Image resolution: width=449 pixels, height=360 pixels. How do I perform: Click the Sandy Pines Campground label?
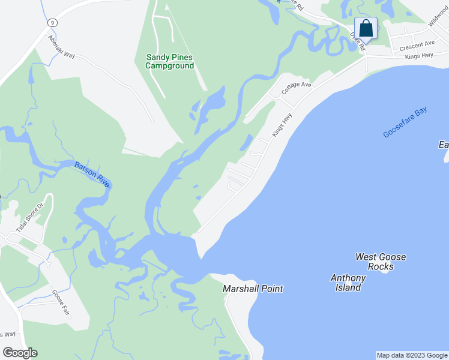pyautogui.click(x=170, y=61)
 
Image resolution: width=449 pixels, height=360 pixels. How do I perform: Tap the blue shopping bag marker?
pyautogui.click(x=366, y=29)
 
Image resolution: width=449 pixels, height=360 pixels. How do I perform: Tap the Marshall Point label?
pyautogui.click(x=253, y=289)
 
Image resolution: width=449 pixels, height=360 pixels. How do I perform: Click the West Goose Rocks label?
pyautogui.click(x=381, y=262)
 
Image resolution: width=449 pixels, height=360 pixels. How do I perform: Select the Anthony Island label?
pyautogui.click(x=348, y=283)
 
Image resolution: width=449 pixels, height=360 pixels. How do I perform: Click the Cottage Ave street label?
pyautogui.click(x=297, y=88)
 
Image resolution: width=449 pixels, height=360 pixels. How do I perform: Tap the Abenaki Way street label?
pyautogui.click(x=62, y=46)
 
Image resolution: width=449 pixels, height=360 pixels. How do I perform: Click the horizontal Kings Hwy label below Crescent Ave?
pyautogui.click(x=419, y=56)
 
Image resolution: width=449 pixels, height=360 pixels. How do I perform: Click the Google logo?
pyautogui.click(x=20, y=353)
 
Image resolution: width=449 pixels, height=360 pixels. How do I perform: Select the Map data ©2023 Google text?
pyautogui.click(x=411, y=355)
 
